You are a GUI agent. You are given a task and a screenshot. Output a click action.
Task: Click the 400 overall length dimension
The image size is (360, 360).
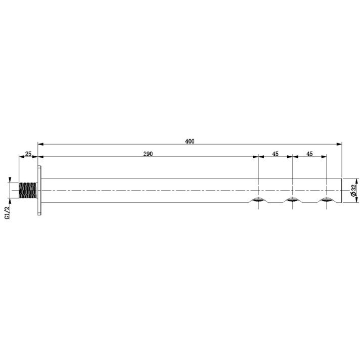pyautogui.click(x=190, y=141)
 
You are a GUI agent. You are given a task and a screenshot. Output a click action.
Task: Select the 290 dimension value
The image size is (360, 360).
pyautogui.click(x=148, y=154)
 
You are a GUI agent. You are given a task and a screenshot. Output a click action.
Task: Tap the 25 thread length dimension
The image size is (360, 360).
pyautogui.click(x=28, y=154)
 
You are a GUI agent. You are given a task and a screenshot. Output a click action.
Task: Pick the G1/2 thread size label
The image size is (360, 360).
pyautogui.click(x=8, y=212)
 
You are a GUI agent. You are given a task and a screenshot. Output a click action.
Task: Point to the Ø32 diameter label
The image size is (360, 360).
pyautogui.click(x=353, y=190)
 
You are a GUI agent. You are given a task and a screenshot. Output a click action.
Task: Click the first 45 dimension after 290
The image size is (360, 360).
pyautogui.click(x=275, y=154)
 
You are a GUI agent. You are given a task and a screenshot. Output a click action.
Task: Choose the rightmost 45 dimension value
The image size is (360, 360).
pyautogui.click(x=309, y=154)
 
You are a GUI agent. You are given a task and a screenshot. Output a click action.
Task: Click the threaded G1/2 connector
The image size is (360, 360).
pyautogui.click(x=27, y=190)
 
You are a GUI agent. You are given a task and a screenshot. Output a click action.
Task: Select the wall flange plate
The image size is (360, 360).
pyautogui.click(x=39, y=190)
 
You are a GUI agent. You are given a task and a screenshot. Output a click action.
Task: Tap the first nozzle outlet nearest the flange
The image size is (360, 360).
pyautogui.click(x=258, y=200)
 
